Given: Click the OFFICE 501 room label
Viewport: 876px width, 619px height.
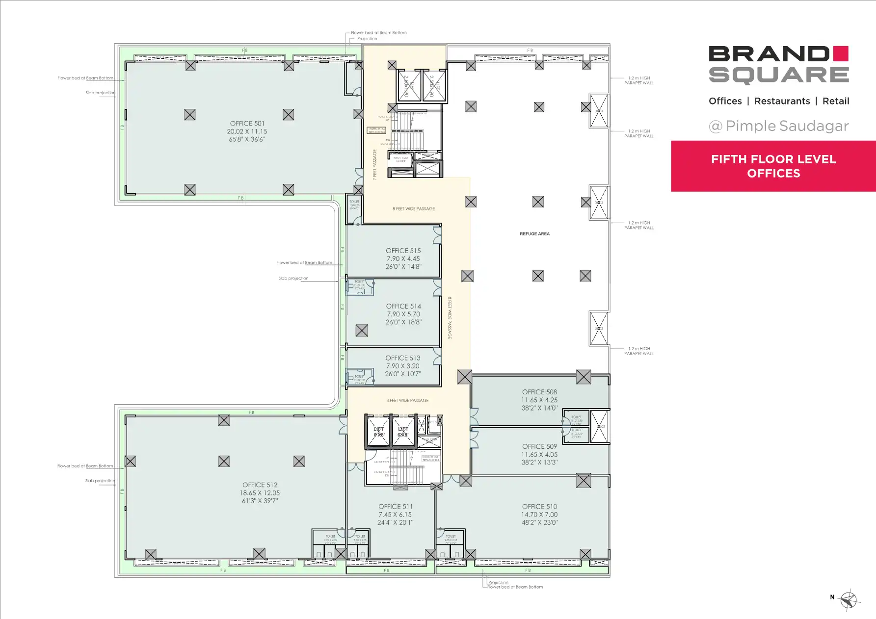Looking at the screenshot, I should pyautogui.click(x=247, y=124).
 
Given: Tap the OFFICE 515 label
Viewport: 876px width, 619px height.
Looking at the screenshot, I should pyautogui.click(x=403, y=251).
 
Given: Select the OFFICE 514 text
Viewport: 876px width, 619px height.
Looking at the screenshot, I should pyautogui.click(x=403, y=306).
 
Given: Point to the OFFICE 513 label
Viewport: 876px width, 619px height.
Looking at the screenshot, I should pyautogui.click(x=403, y=358).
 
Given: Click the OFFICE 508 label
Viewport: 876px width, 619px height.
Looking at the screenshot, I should pyautogui.click(x=539, y=392).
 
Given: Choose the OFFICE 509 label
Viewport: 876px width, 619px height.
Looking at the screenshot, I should pyautogui.click(x=539, y=446).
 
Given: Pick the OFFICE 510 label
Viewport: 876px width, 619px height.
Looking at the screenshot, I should pyautogui.click(x=539, y=506).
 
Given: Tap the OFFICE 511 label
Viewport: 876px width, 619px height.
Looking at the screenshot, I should pyautogui.click(x=396, y=506).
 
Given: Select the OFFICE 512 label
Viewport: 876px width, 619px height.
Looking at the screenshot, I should pyautogui.click(x=260, y=485).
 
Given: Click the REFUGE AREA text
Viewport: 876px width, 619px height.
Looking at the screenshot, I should pyautogui.click(x=534, y=234).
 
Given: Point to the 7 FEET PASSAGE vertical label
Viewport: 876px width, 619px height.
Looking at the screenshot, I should pyautogui.click(x=375, y=165).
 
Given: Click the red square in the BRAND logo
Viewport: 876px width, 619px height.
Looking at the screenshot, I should pyautogui.click(x=841, y=53).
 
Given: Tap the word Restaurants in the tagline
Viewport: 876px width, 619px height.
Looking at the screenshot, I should pyautogui.click(x=782, y=101).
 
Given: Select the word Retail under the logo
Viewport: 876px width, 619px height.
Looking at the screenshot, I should pyautogui.click(x=836, y=101).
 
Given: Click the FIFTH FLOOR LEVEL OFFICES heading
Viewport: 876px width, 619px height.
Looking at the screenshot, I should pyautogui.click(x=773, y=166).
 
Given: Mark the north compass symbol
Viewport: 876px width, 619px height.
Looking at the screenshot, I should pyautogui.click(x=849, y=599).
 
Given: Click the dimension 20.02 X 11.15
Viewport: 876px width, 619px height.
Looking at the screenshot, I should pyautogui.click(x=247, y=131).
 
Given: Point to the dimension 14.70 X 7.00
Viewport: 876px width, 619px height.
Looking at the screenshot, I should pyautogui.click(x=539, y=515).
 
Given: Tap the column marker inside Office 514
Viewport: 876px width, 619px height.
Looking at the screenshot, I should pyautogui.click(x=362, y=331).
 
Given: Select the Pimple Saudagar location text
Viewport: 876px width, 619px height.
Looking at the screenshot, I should pyautogui.click(x=787, y=126).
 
